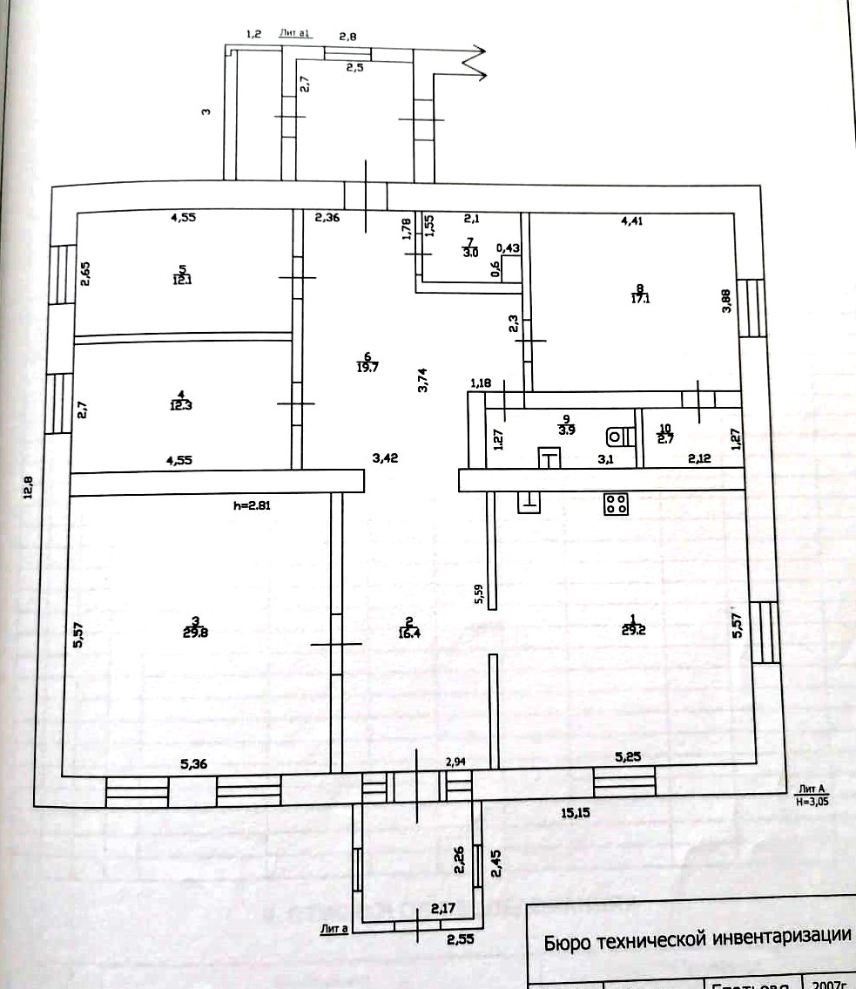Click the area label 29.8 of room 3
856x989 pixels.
click(196, 633)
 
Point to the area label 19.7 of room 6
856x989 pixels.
click(368, 367)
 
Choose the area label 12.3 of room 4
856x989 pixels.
click(182, 403)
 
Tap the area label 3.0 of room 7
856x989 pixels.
click(470, 253)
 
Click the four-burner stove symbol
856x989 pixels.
click(617, 503)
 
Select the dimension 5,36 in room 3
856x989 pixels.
click(195, 765)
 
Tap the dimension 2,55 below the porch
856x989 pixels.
click(461, 939)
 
